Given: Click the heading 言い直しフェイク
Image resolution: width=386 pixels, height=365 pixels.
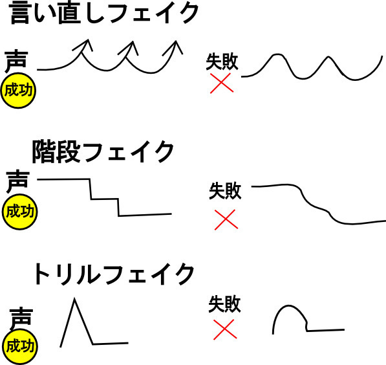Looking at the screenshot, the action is pos(104,13).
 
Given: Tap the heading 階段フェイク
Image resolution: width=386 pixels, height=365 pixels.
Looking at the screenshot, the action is pos(103,151).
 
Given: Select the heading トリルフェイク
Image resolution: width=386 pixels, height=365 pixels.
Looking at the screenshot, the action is pos(114,274).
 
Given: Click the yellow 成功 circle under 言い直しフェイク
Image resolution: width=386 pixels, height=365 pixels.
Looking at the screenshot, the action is pos(19,91).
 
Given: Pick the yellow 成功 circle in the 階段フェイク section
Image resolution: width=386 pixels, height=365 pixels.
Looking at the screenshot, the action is pos(19,212).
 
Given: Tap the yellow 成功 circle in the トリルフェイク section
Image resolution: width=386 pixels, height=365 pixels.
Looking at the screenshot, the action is pos(20,346).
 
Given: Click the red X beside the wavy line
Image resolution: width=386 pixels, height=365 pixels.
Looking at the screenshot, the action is pos(222,83).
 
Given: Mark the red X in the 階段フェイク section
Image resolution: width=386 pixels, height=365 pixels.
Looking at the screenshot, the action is pos(226,219).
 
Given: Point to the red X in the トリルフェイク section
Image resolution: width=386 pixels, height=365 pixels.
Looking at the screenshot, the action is pos(225,329).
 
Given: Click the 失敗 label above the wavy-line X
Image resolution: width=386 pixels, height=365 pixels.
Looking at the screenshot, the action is pos(222,61).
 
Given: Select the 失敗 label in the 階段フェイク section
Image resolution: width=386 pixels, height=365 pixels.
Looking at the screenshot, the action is pos(225,190).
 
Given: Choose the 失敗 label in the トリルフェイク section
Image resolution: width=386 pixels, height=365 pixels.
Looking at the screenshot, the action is pos(224,304).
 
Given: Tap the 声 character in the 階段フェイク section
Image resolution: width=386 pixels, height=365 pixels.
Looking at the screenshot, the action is pos(17,181).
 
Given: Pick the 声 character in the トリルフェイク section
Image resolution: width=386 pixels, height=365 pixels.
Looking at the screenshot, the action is pos(21,318).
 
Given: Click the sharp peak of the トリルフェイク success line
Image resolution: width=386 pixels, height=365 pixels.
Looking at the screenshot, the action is pos(74,299).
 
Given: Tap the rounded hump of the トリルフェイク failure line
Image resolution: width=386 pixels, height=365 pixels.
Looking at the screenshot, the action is pos(288,306).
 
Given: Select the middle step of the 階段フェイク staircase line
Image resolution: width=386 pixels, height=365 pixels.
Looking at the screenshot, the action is pos(105,199).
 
